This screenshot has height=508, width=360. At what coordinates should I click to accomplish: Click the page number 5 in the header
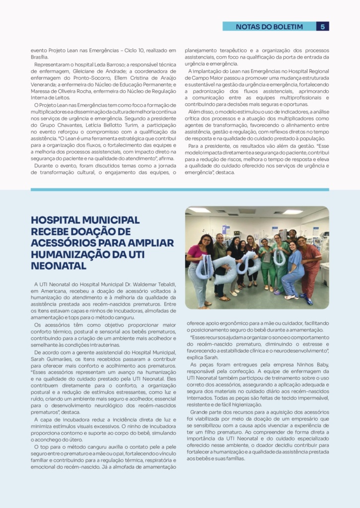pyautogui.click(x=323, y=26)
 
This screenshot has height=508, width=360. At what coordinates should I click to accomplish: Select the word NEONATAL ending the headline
pyautogui.click(x=59, y=266)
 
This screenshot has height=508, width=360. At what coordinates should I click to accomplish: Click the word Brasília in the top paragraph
pyautogui.click(x=39, y=57)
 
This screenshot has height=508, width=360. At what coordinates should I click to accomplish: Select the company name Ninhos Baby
pyautogui.click(x=313, y=364)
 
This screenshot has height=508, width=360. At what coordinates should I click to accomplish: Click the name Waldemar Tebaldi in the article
pyautogui.click(x=153, y=283)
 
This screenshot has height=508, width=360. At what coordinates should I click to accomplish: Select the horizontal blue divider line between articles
pyautogui.click(x=180, y=190)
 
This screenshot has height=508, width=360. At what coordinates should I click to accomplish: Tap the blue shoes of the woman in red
pyautogui.click(x=309, y=301)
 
